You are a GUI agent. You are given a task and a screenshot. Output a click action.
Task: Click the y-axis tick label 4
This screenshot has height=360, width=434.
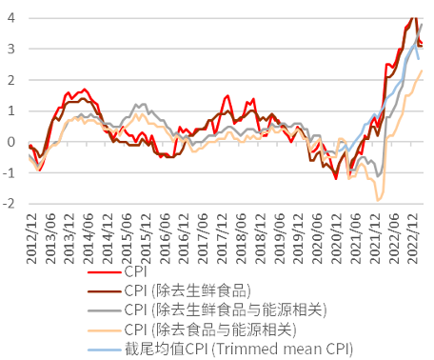[x=9, y=17]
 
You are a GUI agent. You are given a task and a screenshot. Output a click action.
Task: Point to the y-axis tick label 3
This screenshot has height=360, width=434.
[x=9, y=49]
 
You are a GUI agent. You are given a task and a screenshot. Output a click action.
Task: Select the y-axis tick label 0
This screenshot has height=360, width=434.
[x=9, y=142]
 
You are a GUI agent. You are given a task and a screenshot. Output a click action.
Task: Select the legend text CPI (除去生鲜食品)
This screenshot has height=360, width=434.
[x=187, y=290]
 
